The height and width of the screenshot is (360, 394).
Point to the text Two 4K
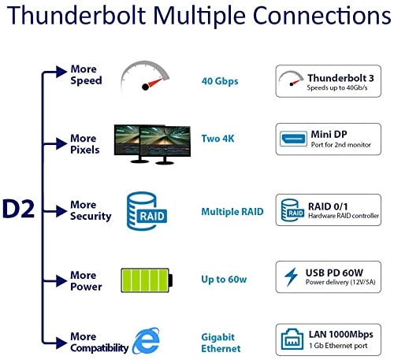coord(217,139)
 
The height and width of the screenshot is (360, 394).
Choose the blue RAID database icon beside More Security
coord(143,210)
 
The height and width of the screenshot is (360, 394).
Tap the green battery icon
coord(144,280)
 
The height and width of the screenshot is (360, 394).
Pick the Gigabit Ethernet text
coord(221,341)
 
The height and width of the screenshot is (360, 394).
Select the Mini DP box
coord(329,139)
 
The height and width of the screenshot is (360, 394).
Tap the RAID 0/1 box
coord(329,210)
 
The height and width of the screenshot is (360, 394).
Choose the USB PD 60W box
coord(329,277)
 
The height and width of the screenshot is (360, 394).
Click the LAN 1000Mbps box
coord(329,340)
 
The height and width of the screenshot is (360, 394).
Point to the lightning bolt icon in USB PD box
coord(291,277)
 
